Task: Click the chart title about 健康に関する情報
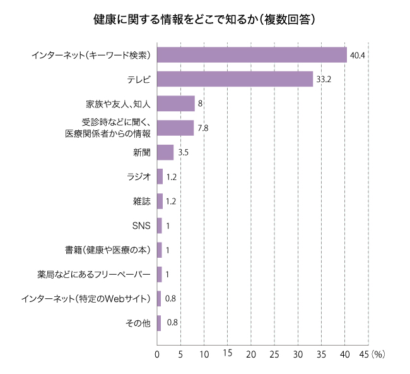point(204,20)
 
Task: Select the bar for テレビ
point(235,79)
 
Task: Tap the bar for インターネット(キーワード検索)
point(252,55)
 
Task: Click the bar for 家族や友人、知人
point(175,103)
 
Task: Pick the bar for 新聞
point(165,152)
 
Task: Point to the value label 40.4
point(358,56)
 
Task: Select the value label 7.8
point(202,128)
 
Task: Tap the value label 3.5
point(184,152)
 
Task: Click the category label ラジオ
point(139,177)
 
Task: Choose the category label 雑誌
point(141,202)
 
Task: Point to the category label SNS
point(141,226)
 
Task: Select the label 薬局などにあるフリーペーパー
point(94,274)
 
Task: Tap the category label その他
point(138,323)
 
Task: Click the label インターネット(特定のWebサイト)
point(86,299)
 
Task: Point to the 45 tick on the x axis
point(363,354)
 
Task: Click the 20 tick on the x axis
point(251,354)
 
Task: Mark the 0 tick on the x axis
point(157,354)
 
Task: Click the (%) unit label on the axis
point(378,354)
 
